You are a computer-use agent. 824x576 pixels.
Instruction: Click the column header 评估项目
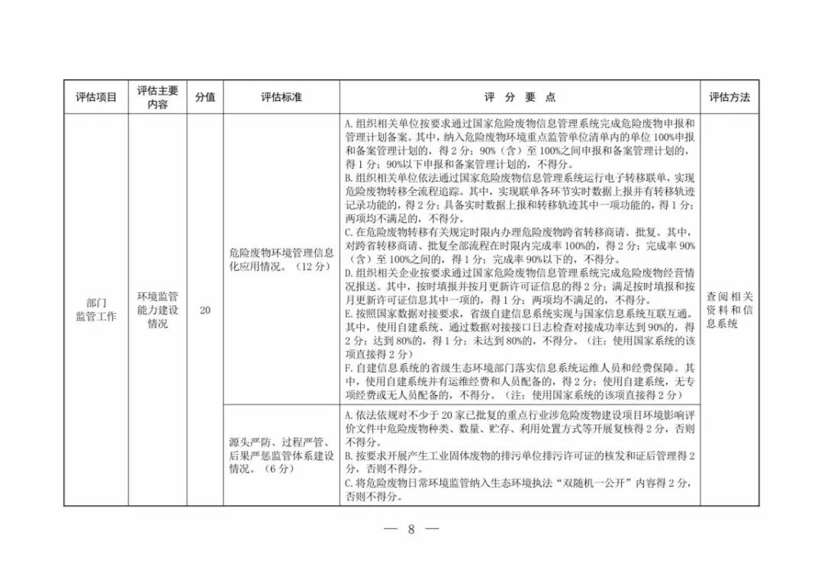click(95, 98)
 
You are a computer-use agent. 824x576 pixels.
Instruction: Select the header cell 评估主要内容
click(157, 98)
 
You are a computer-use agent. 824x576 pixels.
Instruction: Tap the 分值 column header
click(204, 98)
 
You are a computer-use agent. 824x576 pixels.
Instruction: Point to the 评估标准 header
click(281, 98)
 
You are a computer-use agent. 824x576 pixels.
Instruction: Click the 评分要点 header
click(520, 98)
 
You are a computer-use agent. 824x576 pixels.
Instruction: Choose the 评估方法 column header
click(729, 98)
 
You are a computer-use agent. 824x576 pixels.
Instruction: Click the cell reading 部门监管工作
click(95, 310)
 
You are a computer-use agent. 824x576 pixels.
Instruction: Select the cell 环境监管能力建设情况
click(157, 310)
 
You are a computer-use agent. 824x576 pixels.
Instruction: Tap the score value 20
click(204, 311)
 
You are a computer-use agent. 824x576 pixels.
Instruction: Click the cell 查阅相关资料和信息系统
click(729, 310)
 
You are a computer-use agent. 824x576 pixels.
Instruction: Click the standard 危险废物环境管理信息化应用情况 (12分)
click(281, 259)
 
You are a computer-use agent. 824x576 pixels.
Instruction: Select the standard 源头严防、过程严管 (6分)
click(281, 455)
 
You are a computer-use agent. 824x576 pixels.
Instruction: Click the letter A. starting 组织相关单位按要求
click(348, 124)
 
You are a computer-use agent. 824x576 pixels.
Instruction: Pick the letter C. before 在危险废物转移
click(348, 233)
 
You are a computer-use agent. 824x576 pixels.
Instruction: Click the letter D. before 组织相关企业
click(348, 272)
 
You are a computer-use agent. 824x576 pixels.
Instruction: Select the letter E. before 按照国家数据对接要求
click(348, 314)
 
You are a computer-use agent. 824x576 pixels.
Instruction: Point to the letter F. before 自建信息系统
click(348, 368)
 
